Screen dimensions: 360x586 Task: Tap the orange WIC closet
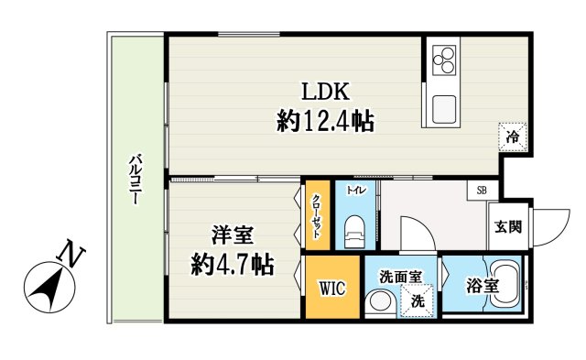pyautogui.click(x=331, y=289)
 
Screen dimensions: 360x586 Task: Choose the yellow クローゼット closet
pyautogui.click(x=317, y=216)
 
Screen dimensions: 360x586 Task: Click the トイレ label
pyautogui.click(x=355, y=191)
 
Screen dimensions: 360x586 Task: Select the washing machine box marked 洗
pyautogui.click(x=416, y=300)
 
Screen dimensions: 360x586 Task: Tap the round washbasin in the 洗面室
pyautogui.click(x=379, y=301)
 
